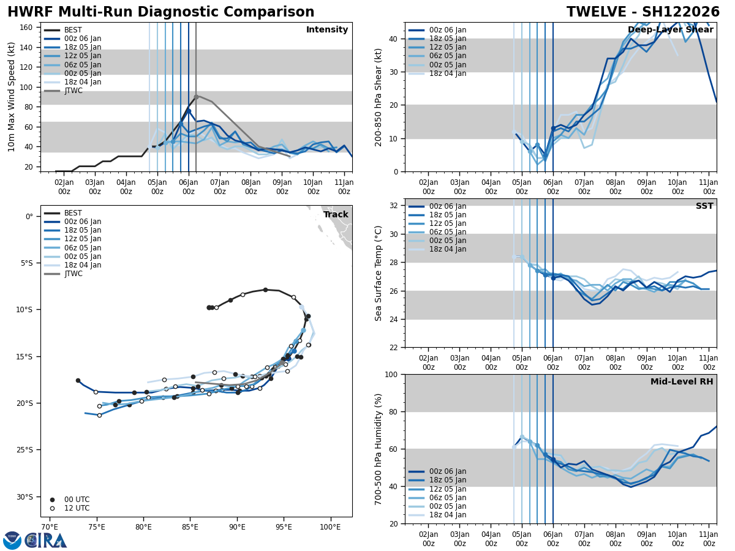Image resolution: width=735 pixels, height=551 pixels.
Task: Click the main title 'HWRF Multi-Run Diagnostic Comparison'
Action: coord(160,12)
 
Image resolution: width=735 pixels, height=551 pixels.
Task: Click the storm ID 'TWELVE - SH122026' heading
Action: coord(643,12)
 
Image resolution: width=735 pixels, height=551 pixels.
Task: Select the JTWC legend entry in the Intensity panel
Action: coord(73,91)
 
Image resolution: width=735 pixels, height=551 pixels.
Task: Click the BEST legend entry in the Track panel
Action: coord(73,213)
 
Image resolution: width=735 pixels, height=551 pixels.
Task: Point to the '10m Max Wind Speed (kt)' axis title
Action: coord(12,97)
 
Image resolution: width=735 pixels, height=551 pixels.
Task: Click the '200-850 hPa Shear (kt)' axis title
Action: coord(379,97)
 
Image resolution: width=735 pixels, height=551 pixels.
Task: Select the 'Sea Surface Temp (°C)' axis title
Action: coord(379,273)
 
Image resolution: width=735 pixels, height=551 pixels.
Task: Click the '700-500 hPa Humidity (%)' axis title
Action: coord(379,449)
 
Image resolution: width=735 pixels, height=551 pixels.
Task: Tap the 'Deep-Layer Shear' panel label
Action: coord(670,30)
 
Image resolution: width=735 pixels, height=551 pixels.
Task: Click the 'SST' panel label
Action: coord(704,206)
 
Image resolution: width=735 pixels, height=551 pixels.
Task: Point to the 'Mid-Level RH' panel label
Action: coord(682,382)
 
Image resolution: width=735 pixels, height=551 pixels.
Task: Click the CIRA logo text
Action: coord(47,540)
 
